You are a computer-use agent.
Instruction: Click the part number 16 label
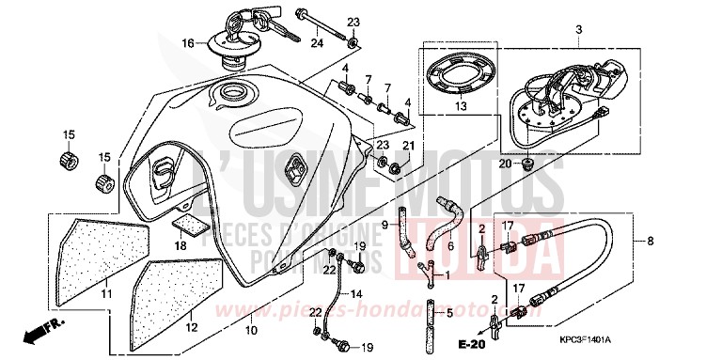187,43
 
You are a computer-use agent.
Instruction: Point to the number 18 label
180,246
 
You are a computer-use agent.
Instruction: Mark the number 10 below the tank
250,330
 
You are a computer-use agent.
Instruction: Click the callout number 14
355,294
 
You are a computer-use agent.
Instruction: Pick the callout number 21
408,146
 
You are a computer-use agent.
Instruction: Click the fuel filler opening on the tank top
230,94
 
